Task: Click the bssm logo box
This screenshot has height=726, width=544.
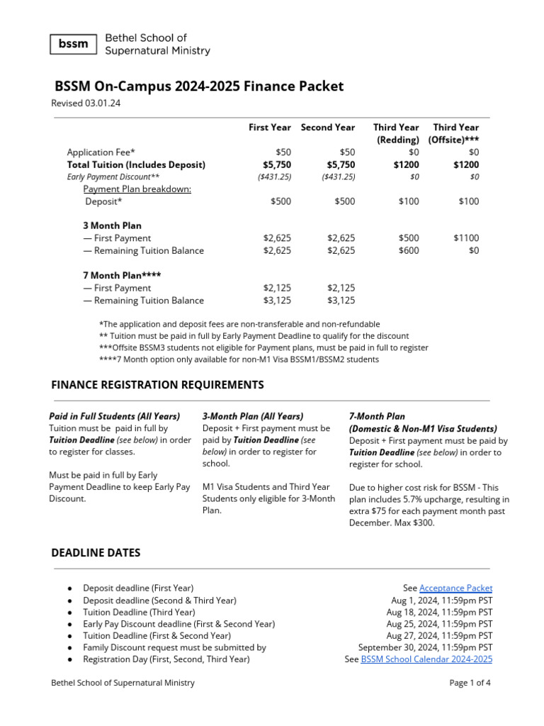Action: pyautogui.click(x=73, y=44)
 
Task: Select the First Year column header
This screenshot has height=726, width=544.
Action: pyautogui.click(x=269, y=128)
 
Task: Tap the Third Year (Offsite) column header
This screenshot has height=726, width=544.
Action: pyautogui.click(x=455, y=133)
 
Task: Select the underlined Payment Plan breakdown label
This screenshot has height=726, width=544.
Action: pyautogui.click(x=137, y=189)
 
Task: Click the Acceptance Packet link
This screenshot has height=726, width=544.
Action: pyautogui.click(x=455, y=588)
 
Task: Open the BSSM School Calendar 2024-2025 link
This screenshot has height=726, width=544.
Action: pyautogui.click(x=426, y=659)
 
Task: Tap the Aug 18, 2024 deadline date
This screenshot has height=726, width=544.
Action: pyautogui.click(x=439, y=612)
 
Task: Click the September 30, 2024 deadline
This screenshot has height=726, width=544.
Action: pyautogui.click(x=425, y=647)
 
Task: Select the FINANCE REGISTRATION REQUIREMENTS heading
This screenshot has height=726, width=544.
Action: pyautogui.click(x=157, y=385)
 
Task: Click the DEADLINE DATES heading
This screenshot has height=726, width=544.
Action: pyautogui.click(x=96, y=553)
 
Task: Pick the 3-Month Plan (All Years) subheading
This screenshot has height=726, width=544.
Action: pyautogui.click(x=253, y=416)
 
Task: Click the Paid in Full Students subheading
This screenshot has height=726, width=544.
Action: pyautogui.click(x=114, y=416)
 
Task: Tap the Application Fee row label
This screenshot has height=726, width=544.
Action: pyautogui.click(x=101, y=152)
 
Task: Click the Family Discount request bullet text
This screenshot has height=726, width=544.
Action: pyautogui.click(x=174, y=647)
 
